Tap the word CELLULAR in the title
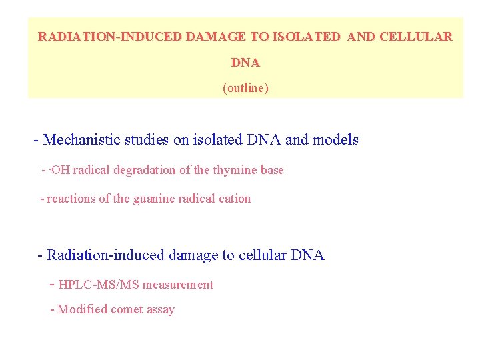click(415, 37)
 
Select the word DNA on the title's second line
click(245, 63)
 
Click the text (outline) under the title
click(245, 88)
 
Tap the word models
click(335, 140)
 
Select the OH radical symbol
click(60, 170)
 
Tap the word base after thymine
click(271, 170)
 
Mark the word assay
click(162, 310)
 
